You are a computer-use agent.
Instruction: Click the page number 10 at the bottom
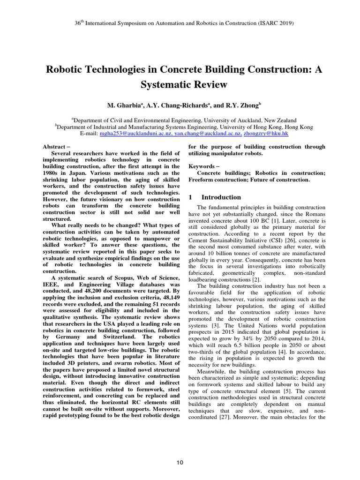point(180,463)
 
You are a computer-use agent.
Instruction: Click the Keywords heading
point(203,166)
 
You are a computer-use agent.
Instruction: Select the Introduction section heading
point(221,197)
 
